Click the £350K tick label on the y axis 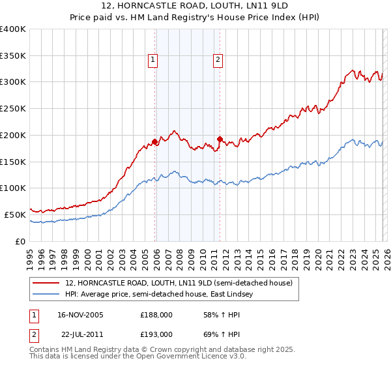pos(13,56)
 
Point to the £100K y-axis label pos(13,188)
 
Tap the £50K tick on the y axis pos(16,214)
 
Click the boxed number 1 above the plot pos(152,61)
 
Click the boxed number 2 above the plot pos(217,61)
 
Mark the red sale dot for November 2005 pos(155,141)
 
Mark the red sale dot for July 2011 pos(220,139)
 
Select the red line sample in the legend pos(46,284)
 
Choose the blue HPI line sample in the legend pos(46,295)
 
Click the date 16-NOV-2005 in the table pos(80,315)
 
